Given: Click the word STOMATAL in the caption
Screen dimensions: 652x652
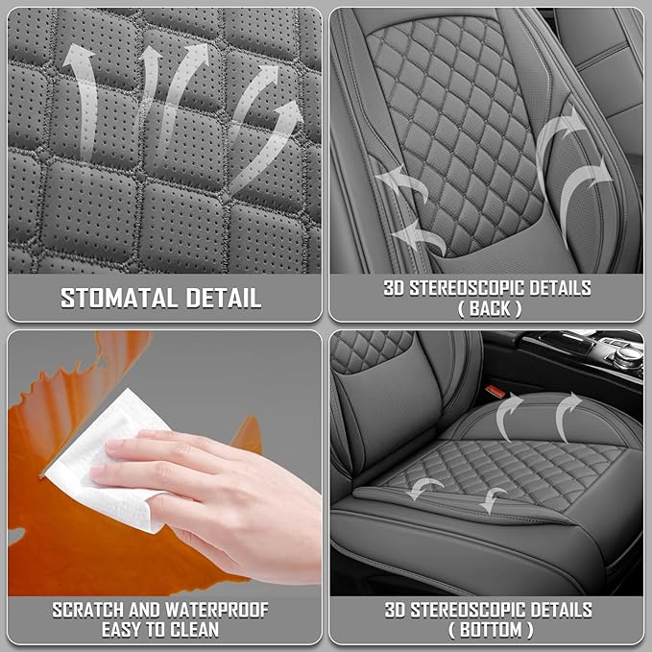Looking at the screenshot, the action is pos(119,298).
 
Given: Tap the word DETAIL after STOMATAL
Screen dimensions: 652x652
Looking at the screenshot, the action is pos(224,298).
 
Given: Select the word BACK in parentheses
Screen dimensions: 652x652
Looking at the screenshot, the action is pos(490,308).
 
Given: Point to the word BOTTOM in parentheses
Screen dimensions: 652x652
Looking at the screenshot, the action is pos(491,630).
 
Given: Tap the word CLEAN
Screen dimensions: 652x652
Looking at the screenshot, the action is pos(195,630).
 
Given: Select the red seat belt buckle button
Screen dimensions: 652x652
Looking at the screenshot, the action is pos(495,391).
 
